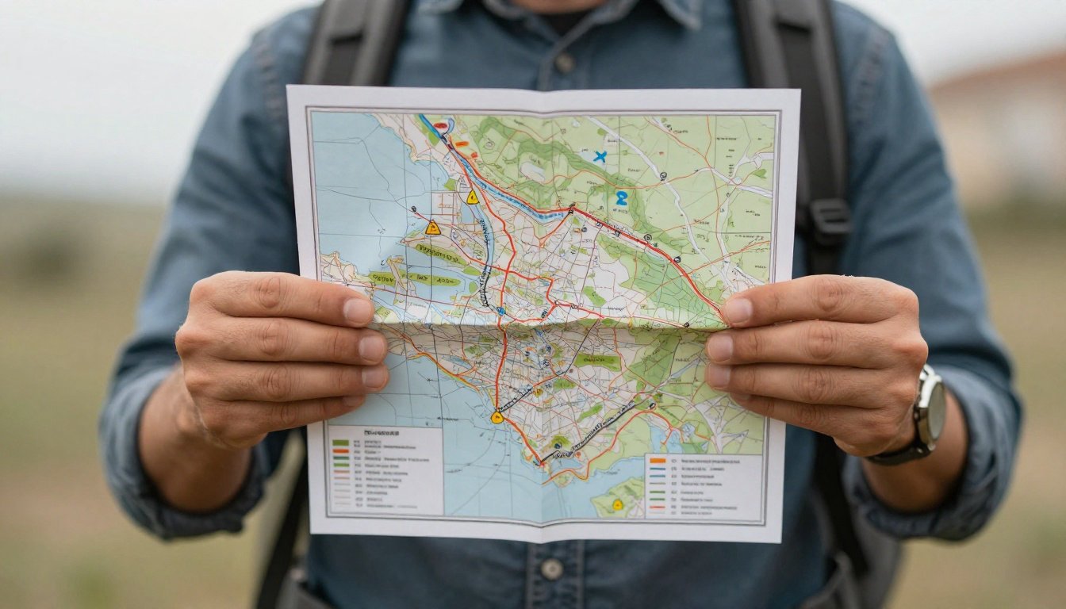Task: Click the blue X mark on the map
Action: [x=600, y=157]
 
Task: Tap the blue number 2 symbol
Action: [x=621, y=198]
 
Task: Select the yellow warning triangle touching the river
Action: [x=472, y=197]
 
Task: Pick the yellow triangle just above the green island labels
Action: [x=432, y=228]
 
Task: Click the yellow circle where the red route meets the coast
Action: [x=497, y=417]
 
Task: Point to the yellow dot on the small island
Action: [x=617, y=504]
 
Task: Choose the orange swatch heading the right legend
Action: [x=656, y=460]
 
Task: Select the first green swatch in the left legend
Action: [x=339, y=442]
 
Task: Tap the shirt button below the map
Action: [x=551, y=569]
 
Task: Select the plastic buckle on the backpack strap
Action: [x=828, y=217]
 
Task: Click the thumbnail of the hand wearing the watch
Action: [x=737, y=311]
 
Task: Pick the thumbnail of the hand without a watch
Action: [x=359, y=311]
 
